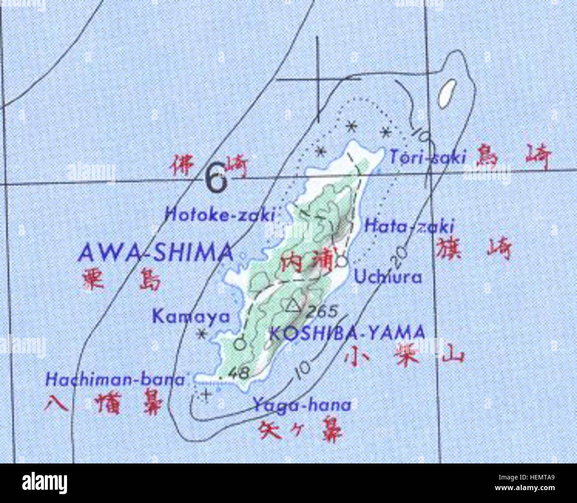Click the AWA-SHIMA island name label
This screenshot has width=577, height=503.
155,253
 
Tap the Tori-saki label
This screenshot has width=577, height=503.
428,156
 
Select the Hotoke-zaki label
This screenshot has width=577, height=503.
220,215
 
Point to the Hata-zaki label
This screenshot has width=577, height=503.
409,226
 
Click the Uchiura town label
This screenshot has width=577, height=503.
387,277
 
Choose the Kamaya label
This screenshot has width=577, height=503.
191,316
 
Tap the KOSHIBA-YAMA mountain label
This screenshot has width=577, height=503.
347,332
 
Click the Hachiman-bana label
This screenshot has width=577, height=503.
115,379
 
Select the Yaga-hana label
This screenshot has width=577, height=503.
302,405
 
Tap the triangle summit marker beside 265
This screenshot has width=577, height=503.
292,305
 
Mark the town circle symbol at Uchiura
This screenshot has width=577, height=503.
341,261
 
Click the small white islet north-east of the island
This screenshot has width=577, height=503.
448,93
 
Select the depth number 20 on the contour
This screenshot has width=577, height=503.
400,254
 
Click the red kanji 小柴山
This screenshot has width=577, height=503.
404,356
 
